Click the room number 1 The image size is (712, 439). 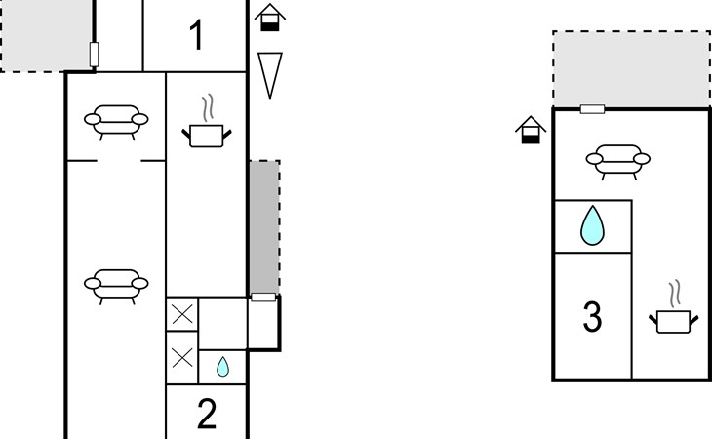196,35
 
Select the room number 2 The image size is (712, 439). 207,414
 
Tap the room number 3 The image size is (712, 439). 592,316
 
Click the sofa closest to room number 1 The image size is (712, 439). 116,123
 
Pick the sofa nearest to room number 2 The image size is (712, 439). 116,287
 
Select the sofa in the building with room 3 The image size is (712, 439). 618,162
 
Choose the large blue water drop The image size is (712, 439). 593,225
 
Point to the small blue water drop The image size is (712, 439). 222,367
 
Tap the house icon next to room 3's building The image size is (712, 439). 531,130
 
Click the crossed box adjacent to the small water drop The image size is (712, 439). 182,358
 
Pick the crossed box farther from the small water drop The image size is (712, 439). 182,314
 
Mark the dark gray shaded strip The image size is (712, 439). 264,227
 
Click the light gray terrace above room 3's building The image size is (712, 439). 632,69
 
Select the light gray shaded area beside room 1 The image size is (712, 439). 46,35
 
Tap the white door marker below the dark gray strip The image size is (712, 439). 263,298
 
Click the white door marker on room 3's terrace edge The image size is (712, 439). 593,109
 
